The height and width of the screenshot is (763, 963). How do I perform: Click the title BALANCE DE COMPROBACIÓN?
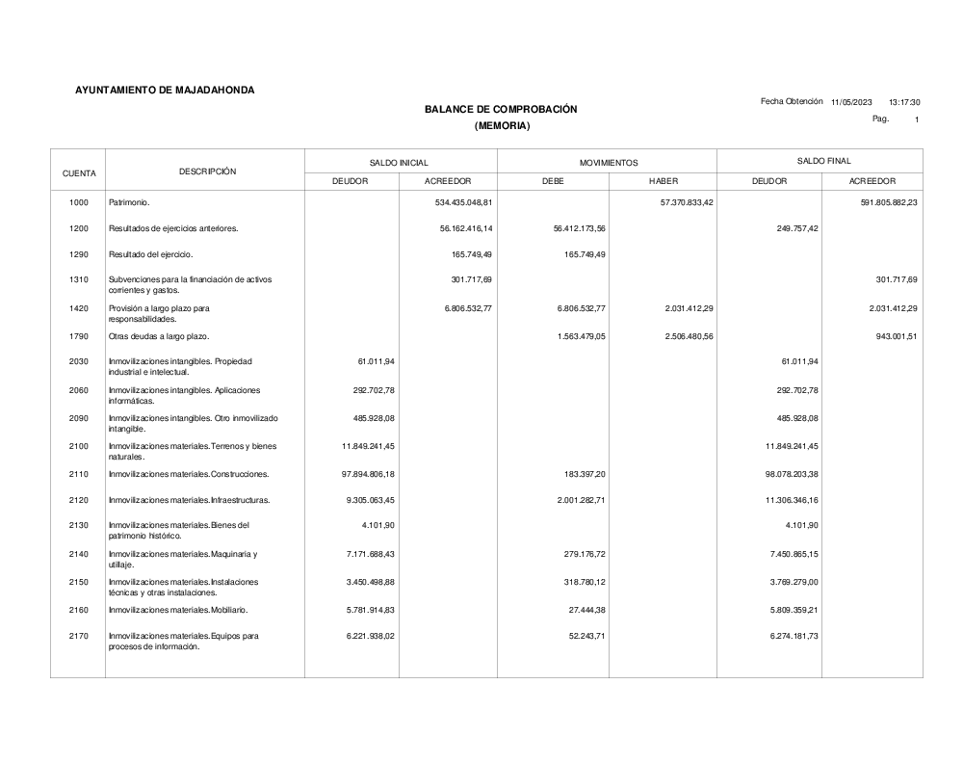pos(501,110)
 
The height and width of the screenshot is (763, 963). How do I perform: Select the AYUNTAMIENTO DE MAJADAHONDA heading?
pos(166,91)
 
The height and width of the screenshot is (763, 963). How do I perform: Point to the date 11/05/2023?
pos(851,102)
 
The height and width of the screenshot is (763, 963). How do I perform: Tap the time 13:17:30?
pos(904,102)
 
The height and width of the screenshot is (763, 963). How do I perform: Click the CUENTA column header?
pos(79,173)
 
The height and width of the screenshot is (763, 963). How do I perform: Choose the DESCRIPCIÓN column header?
pos(207,171)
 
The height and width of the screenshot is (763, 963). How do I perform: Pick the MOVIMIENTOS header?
pos(609,163)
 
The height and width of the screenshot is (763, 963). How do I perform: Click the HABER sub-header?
pos(664,181)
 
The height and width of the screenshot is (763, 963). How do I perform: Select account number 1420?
pos(79,308)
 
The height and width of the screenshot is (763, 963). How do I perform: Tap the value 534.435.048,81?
pos(460,203)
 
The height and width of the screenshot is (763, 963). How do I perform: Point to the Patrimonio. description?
pos(130,203)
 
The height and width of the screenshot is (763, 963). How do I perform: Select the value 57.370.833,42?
pos(679,203)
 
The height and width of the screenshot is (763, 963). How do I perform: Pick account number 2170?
pos(79,636)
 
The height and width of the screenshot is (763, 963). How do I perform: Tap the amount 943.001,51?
pos(891,336)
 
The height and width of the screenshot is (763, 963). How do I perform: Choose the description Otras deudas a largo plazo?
pos(159,336)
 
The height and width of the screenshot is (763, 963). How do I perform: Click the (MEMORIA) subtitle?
pos(502,126)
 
